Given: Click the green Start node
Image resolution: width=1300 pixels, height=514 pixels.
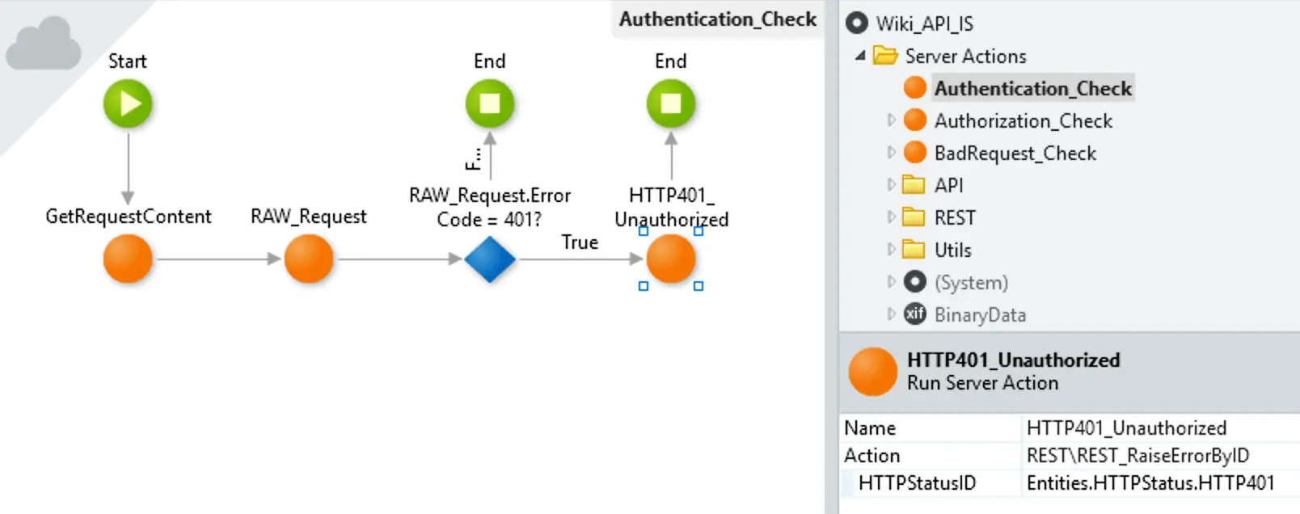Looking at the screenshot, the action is point(128,103).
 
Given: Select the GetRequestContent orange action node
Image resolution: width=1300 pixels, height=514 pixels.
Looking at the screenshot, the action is point(128,259).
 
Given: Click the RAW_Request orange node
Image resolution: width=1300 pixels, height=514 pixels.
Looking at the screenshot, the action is point(309,259).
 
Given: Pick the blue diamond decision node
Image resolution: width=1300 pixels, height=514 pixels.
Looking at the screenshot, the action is point(490,259).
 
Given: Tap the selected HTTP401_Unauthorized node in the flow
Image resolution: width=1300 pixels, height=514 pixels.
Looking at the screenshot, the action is point(671,259).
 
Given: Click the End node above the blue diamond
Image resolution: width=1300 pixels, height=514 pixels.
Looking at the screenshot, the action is point(490,103).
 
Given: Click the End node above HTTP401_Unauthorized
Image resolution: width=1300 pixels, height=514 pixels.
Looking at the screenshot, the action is point(671,103).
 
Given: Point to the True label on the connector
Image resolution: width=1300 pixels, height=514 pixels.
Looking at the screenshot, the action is point(579,242).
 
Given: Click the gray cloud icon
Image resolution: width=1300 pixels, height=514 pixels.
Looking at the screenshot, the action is point(44,44).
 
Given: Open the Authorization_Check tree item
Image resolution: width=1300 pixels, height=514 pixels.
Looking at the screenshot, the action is point(1024,120).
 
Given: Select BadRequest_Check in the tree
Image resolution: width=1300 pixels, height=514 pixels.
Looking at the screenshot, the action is point(1015,154).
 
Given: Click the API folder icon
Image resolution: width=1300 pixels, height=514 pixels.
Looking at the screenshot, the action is point(914,185).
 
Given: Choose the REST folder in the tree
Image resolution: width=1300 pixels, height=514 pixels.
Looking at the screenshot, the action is point(955,217).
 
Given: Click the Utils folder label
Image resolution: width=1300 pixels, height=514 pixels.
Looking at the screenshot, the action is point(952,250).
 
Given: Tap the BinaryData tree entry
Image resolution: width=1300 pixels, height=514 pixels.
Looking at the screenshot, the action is point(980,315).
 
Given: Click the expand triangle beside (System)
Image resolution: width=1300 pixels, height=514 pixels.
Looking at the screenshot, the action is point(891,282).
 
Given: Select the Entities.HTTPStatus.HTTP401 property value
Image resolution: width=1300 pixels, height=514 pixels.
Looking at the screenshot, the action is point(1150,482).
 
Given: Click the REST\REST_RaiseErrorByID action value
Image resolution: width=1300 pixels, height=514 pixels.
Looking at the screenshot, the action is point(1137,455).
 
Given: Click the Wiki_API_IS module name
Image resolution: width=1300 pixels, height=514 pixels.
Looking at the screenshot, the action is point(925,23).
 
